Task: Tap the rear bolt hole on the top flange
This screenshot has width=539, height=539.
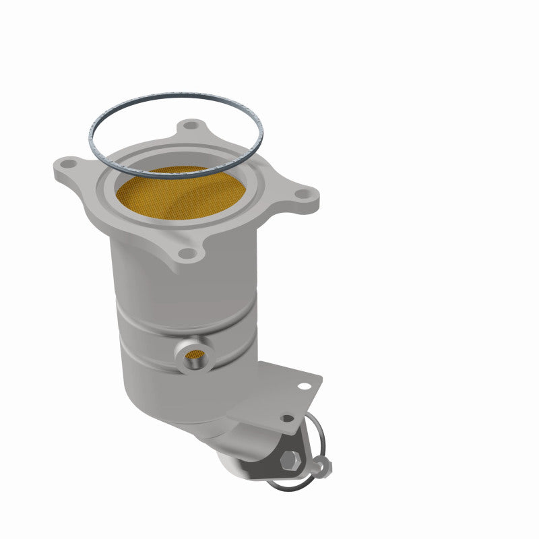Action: pos(193,125)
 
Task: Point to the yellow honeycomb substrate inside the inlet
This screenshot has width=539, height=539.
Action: pos(175,195)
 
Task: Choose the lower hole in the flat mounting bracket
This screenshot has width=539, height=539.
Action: pos(287,418)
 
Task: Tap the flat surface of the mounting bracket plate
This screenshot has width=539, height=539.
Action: pos(283,398)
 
